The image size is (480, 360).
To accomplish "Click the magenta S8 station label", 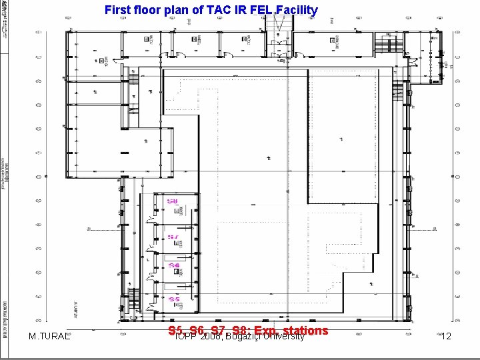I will coord(172,201).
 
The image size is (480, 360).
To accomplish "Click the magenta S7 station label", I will coord(172,237).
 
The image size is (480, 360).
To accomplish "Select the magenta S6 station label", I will coord(173,265).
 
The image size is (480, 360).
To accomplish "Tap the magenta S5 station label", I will coord(173,299).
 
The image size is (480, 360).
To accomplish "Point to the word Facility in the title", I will coord(296,11).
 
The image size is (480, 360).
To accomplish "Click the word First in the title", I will coord(119,11).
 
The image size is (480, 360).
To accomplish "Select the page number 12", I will coord(446,337).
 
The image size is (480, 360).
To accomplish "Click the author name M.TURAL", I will coord(51,337).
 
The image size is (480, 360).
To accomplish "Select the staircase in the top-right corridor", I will coord(385,46).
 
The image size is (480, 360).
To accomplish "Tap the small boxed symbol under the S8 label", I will coord(177,211).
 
